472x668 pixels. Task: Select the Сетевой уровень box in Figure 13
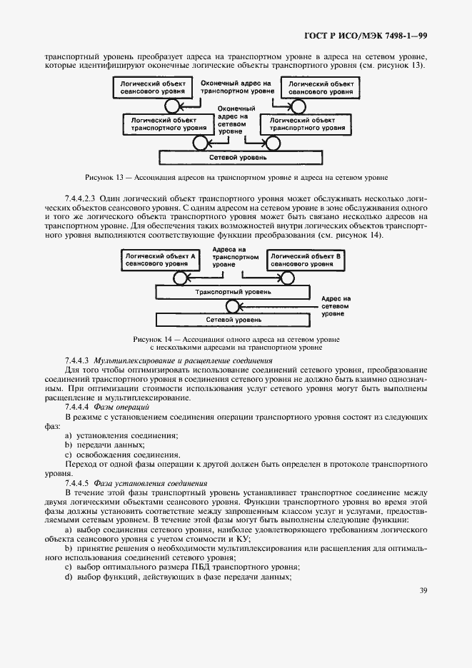coord(234,157)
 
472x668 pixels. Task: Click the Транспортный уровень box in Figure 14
coord(233,292)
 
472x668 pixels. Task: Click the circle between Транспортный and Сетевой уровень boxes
coord(231,306)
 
